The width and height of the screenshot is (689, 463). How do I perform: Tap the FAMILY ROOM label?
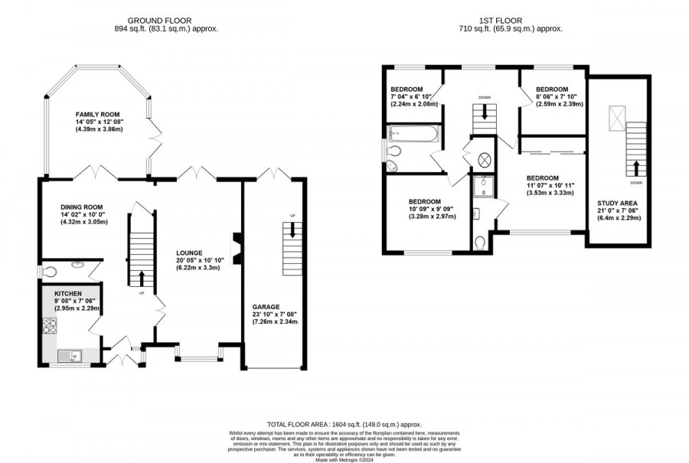coord(98,113)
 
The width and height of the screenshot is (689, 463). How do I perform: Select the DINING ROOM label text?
coord(81,207)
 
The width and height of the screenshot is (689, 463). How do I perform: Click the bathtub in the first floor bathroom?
coord(413,136)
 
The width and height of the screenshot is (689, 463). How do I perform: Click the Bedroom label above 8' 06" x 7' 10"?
coord(552,90)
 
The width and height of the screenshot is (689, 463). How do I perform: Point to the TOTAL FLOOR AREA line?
coord(344,424)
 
